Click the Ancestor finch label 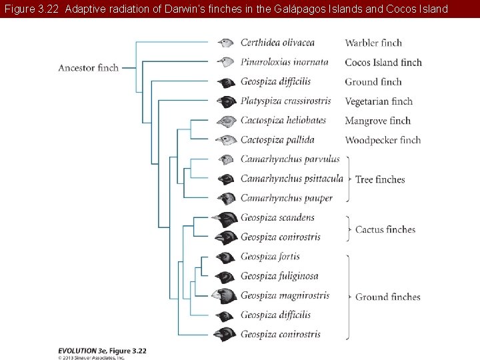(88, 67)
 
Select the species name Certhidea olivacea (277, 43)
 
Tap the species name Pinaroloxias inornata (284, 62)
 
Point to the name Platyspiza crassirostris (285, 101)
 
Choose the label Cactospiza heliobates (283, 121)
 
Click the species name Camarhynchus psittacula (291, 179)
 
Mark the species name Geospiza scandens (277, 217)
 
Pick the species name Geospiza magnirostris (285, 295)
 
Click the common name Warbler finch (373, 43)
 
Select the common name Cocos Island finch (383, 63)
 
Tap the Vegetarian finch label (379, 101)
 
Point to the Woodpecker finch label (383, 140)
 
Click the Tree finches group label (380, 179)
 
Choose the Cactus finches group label (385, 230)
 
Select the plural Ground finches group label (387, 297)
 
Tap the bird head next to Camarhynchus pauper (227, 199)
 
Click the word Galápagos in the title (299, 9)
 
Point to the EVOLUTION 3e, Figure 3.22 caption (102, 350)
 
